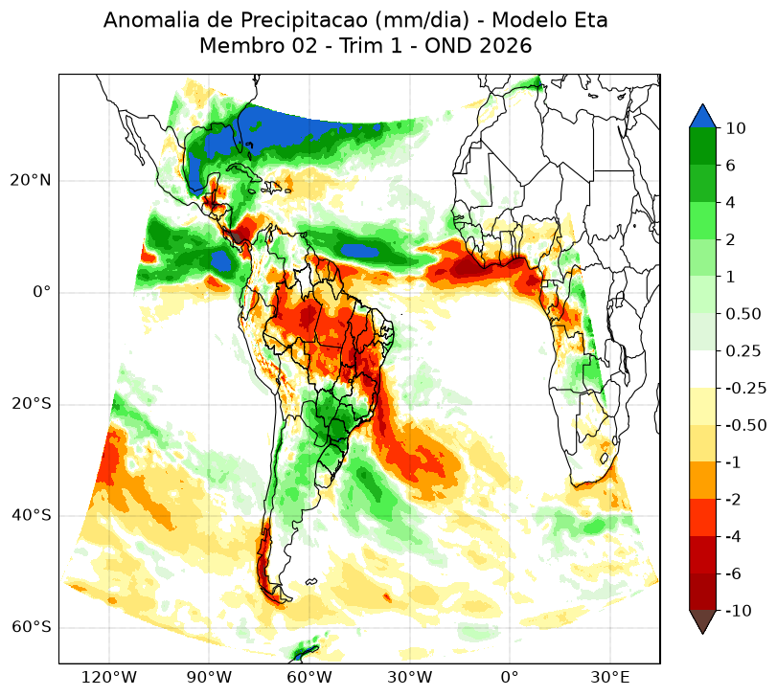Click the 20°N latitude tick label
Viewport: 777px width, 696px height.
pyautogui.click(x=31, y=180)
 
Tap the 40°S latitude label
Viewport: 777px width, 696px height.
pyautogui.click(x=31, y=515)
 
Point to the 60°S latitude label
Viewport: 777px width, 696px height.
pyautogui.click(x=31, y=627)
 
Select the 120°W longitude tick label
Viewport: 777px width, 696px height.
pyautogui.click(x=108, y=677)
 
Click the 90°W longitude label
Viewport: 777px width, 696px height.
pyautogui.click(x=209, y=677)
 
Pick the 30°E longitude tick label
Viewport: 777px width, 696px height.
pyautogui.click(x=610, y=677)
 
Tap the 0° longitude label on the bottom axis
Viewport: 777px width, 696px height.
pyautogui.click(x=510, y=677)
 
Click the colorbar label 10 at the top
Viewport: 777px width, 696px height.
pyautogui.click(x=736, y=128)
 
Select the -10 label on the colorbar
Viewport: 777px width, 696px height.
pyautogui.click(x=739, y=611)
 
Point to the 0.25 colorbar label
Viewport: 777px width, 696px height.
pyautogui.click(x=743, y=351)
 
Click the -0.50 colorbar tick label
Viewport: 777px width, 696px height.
pyautogui.click(x=745, y=425)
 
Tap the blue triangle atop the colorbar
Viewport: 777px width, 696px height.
pyautogui.click(x=702, y=117)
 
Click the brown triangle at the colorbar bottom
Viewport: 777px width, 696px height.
pyautogui.click(x=702, y=620)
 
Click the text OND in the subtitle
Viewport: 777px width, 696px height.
pyautogui.click(x=448, y=46)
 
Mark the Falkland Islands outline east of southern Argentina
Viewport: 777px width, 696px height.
pyautogui.click(x=311, y=582)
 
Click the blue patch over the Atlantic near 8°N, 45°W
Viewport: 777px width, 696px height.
pyautogui.click(x=360, y=251)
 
